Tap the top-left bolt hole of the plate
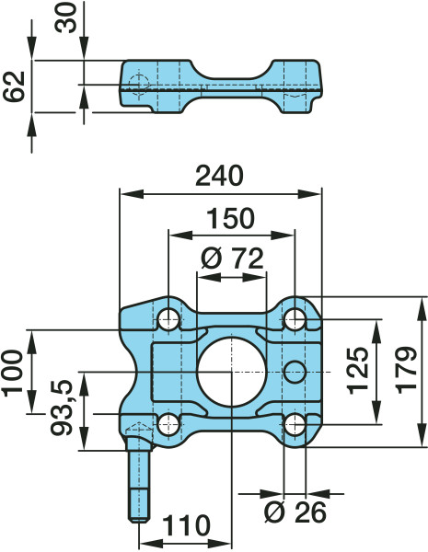pyautogui.click(x=168, y=319)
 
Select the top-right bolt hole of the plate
pyautogui.click(x=295, y=319)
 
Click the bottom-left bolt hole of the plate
pyautogui.click(x=168, y=424)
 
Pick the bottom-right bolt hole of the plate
pyautogui.click(x=295, y=424)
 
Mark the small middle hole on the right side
pyautogui.click(x=295, y=371)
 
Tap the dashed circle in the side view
pyautogui.click(x=138, y=86)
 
